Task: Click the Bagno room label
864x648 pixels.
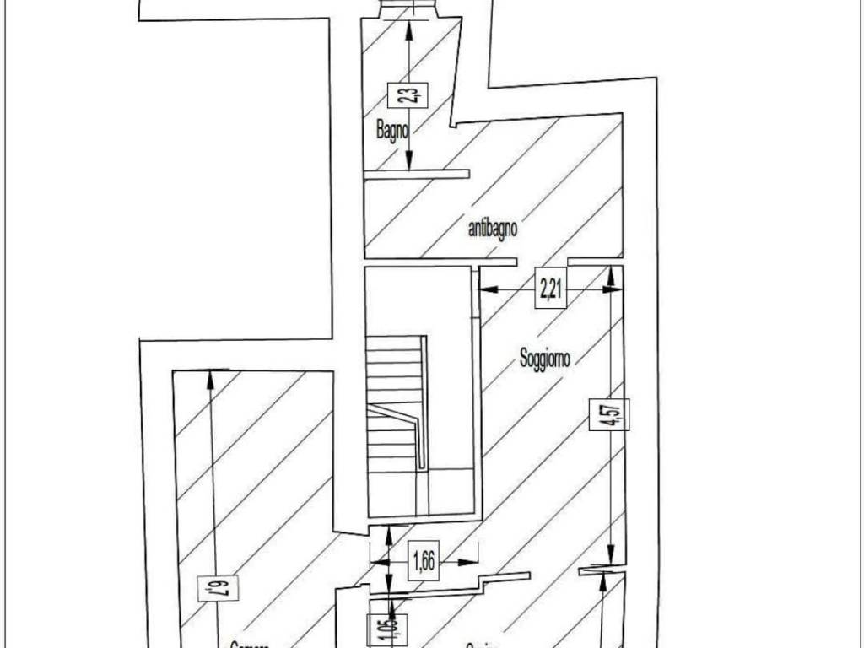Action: point(393,131)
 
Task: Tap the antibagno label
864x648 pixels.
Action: point(493,228)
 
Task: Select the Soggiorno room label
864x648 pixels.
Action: point(544,359)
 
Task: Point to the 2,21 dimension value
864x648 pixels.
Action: point(551,289)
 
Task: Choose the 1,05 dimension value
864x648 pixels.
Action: point(375,629)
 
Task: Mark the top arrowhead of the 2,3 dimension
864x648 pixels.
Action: point(409,29)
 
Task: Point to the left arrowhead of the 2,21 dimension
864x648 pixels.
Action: point(488,289)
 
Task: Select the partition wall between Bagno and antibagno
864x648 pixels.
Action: point(416,174)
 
